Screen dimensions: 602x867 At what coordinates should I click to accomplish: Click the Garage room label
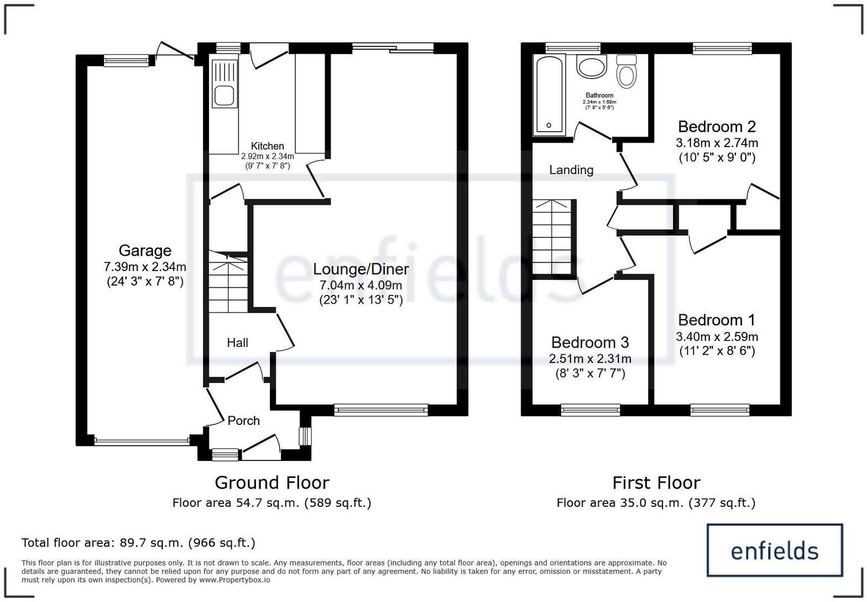coord(145,251)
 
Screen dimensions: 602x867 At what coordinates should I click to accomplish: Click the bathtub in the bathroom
coord(549,95)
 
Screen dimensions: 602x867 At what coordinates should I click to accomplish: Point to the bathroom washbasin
coord(591,67)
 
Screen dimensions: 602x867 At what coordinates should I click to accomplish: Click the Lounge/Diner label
coord(361,269)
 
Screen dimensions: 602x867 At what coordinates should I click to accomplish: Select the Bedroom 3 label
coord(590,342)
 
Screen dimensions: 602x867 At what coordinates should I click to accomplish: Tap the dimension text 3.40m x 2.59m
coord(717,336)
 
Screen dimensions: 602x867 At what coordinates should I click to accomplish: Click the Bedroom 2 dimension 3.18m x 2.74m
coord(717,143)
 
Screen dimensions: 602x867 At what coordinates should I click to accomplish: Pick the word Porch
coord(243,421)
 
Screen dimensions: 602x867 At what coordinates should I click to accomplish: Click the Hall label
coord(237,343)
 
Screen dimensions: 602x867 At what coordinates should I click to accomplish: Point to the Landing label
coord(571,170)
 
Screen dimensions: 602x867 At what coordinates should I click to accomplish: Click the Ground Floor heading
coord(271,482)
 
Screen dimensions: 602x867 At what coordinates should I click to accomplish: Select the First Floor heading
coord(656,482)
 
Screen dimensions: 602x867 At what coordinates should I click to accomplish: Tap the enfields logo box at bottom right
coord(775,550)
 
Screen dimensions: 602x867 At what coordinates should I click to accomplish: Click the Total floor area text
coord(138,543)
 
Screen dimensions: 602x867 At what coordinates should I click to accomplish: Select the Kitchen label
coord(267,146)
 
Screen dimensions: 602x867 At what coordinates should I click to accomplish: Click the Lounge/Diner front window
coord(381,409)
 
